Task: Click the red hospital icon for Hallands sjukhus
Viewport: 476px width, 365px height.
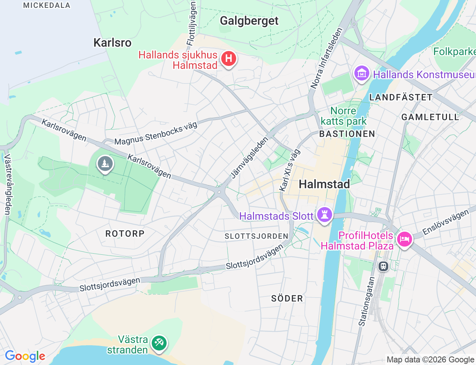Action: point(228,59)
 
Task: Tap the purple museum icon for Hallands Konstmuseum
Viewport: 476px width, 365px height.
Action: point(361,73)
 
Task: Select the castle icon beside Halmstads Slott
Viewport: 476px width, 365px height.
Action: point(324,215)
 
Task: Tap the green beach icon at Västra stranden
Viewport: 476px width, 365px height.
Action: point(159,343)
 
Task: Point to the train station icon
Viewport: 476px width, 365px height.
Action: point(383,266)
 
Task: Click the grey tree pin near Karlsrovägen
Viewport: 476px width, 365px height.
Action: point(105,164)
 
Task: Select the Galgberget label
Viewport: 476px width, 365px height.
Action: point(249,21)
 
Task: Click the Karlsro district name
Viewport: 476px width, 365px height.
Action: point(112,43)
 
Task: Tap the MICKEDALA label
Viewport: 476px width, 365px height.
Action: point(47,5)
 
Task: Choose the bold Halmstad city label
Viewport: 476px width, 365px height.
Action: point(324,184)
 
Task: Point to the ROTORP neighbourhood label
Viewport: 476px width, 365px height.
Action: point(125,234)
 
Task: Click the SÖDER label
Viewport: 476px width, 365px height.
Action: point(287,298)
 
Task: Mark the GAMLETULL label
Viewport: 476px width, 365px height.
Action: point(430,117)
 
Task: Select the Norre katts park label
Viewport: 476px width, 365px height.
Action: point(343,116)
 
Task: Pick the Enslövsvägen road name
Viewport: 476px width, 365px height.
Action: point(446,222)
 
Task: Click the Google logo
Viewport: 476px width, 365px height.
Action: point(25,356)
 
